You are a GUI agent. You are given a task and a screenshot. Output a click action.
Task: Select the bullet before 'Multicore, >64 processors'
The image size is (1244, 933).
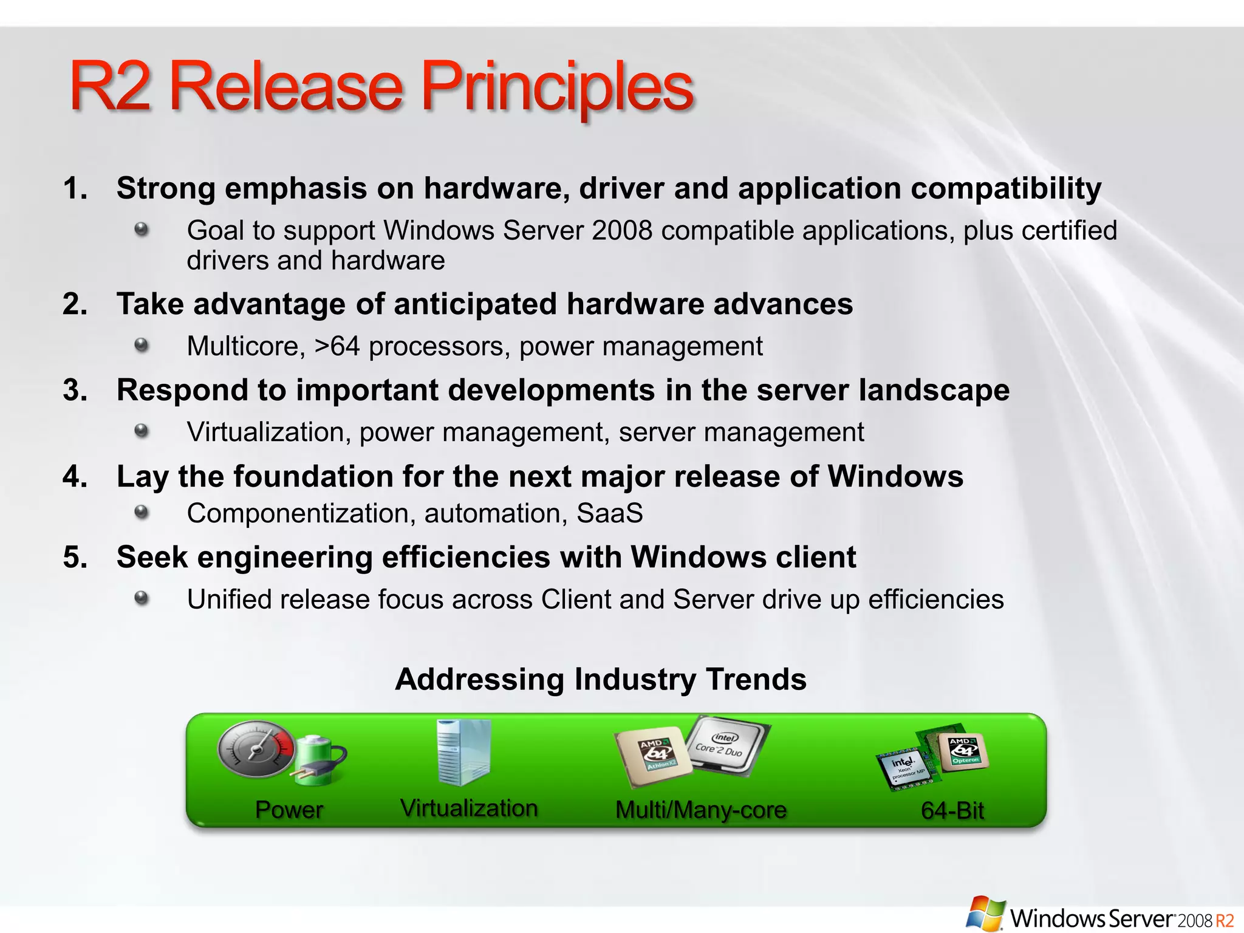(x=142, y=345)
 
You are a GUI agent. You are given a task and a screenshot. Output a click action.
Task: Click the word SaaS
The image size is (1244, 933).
(x=609, y=513)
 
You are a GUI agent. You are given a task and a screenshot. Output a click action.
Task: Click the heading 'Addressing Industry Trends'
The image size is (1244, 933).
(x=600, y=679)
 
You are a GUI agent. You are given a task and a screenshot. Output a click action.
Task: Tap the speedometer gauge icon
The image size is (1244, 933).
(x=255, y=751)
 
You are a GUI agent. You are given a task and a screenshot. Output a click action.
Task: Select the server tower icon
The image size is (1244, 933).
(x=463, y=752)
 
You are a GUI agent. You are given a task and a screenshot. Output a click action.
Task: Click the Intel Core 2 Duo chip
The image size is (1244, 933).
(x=726, y=745)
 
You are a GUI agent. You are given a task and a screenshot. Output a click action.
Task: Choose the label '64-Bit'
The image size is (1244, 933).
(x=952, y=810)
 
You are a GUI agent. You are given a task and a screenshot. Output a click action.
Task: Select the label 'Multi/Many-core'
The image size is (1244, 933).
(x=700, y=810)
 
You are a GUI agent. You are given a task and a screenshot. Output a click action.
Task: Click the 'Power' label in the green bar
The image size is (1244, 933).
(x=289, y=810)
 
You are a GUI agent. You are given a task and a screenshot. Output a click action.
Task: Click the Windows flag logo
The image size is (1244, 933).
(x=985, y=913)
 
